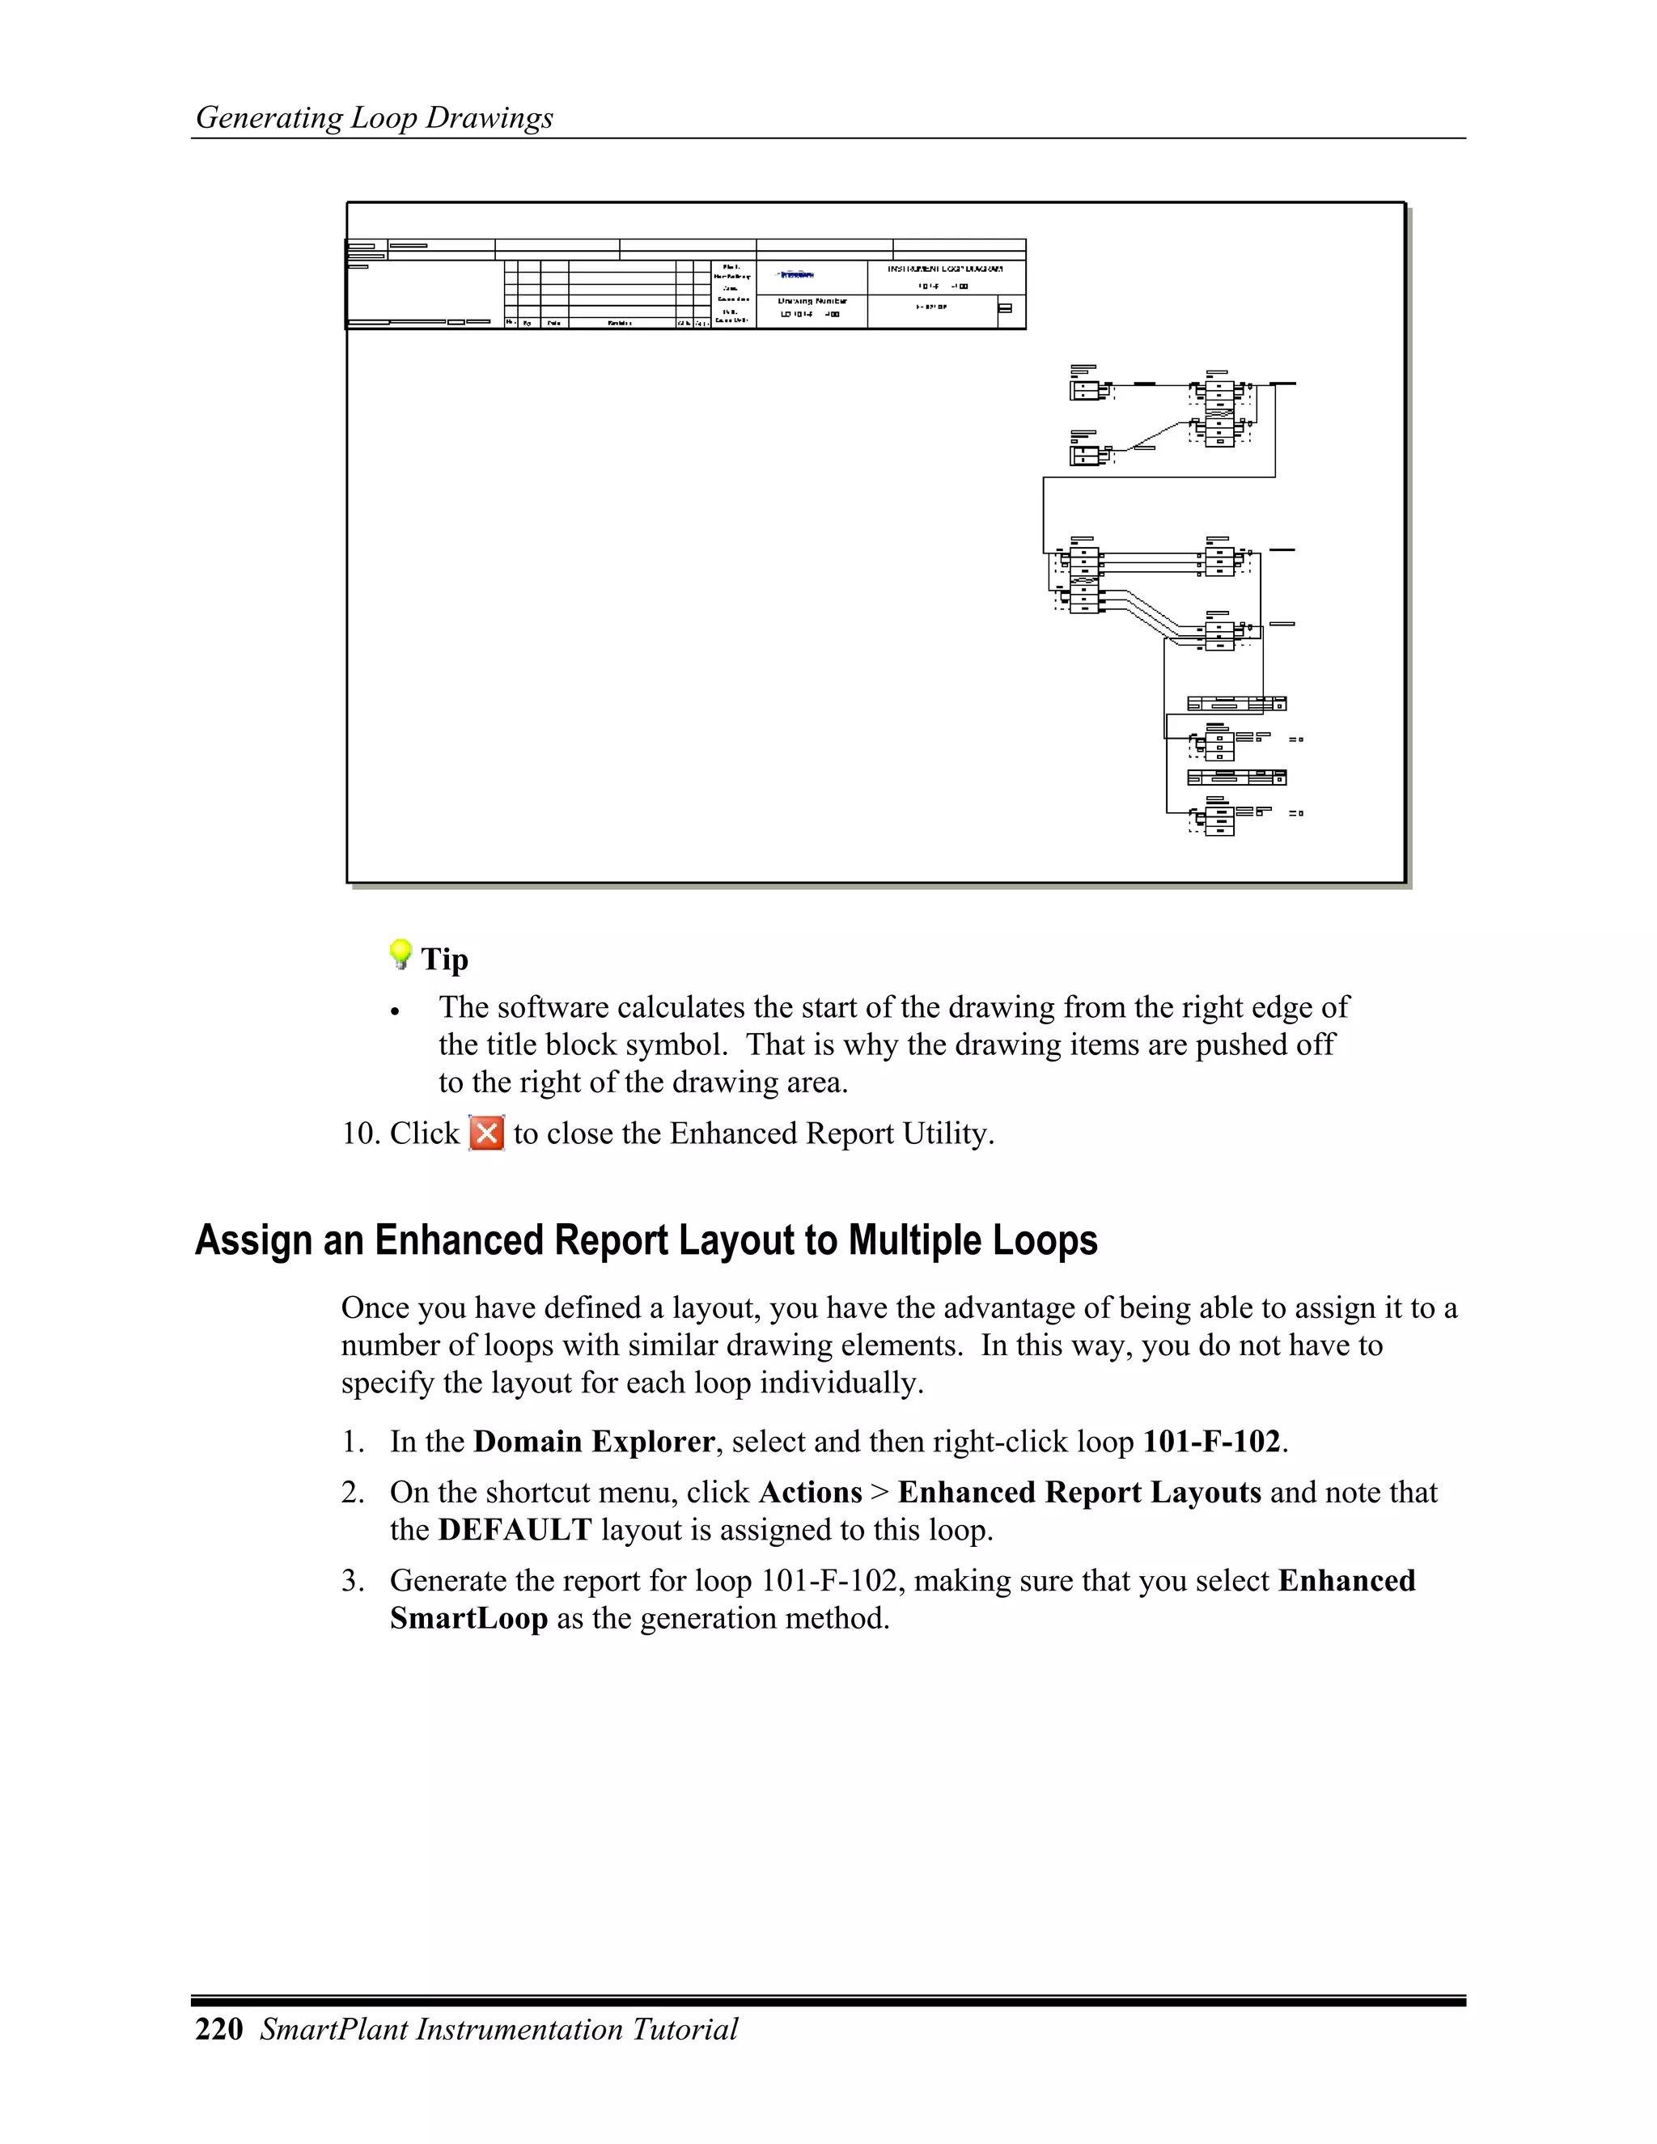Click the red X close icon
click(x=487, y=1133)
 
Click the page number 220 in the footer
click(x=219, y=2029)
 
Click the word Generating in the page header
click(x=269, y=118)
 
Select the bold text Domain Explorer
click(x=594, y=1442)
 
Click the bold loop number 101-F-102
click(x=1212, y=1442)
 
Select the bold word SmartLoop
click(x=468, y=1619)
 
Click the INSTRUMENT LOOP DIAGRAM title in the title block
click(x=945, y=269)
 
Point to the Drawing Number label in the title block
click(x=812, y=302)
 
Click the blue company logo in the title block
click(x=796, y=276)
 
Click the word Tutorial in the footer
click(x=685, y=2029)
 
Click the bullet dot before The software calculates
click(x=395, y=1012)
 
